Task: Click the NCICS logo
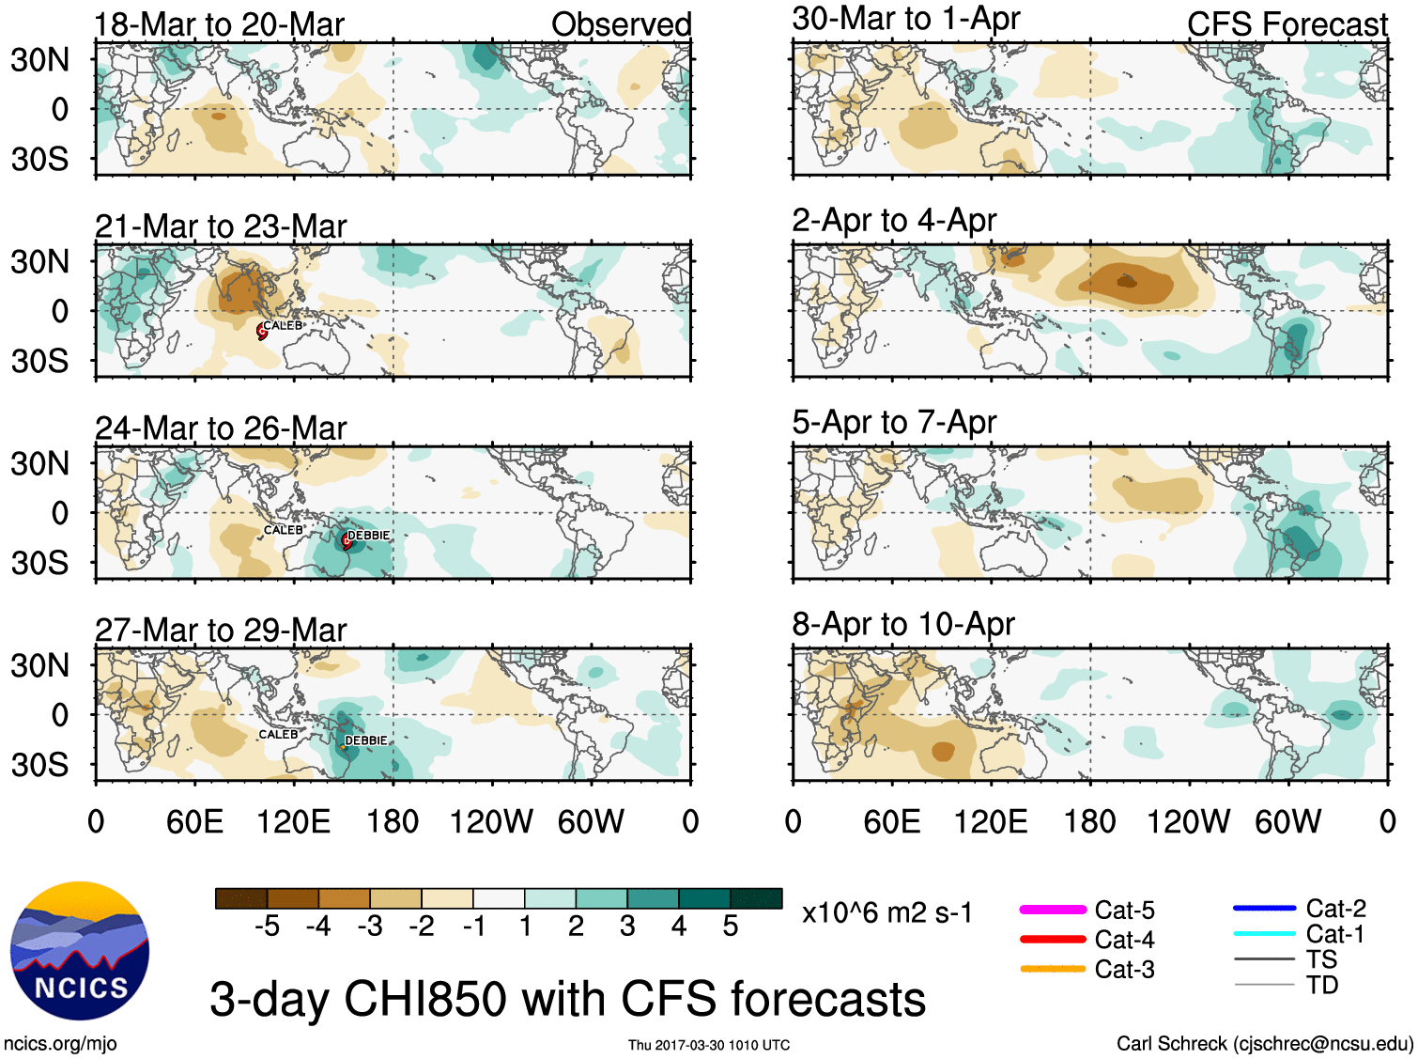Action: (80, 950)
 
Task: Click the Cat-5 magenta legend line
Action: (1052, 910)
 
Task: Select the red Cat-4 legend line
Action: (1052, 939)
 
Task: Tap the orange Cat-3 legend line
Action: (1052, 969)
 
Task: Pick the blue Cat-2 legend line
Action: (1264, 908)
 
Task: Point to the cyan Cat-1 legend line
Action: (1264, 933)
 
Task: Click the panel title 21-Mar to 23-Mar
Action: (221, 226)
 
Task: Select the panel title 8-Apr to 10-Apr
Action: (903, 624)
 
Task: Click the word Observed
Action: (621, 24)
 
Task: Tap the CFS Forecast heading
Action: (1287, 24)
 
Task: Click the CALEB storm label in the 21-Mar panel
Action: (283, 325)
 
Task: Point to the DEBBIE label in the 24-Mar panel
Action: (368, 535)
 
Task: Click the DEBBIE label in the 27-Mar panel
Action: (365, 740)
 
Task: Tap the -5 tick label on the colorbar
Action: (267, 927)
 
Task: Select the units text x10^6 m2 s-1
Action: (886, 913)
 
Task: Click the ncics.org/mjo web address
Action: (60, 1043)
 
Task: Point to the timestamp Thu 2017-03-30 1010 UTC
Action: (709, 1045)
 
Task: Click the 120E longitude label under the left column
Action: (293, 822)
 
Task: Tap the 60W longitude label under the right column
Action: (1287, 822)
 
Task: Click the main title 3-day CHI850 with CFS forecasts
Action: (567, 999)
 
